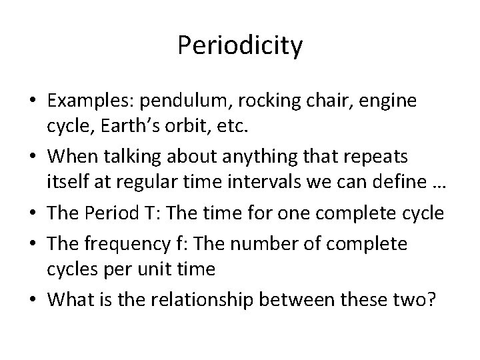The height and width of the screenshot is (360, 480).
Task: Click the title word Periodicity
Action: click(240, 46)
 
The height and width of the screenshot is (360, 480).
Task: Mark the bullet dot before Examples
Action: click(31, 101)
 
